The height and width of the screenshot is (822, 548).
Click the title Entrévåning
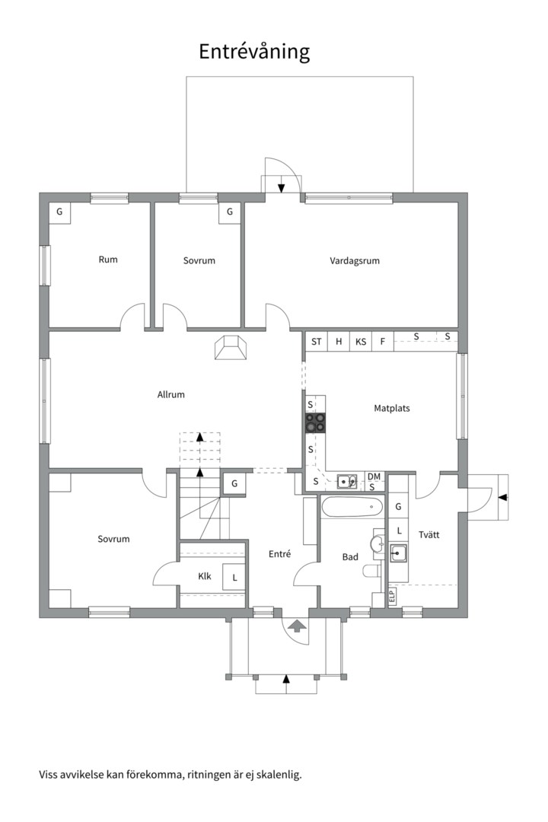tap(254, 52)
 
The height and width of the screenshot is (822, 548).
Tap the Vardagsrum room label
tap(355, 260)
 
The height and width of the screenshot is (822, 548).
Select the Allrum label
tap(171, 394)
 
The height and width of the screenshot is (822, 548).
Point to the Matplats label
tap(392, 408)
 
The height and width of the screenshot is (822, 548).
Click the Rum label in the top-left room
tap(108, 260)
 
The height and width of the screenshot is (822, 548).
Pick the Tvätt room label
tap(429, 535)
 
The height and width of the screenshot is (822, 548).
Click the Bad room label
tap(350, 556)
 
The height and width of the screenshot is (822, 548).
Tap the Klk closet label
tap(205, 576)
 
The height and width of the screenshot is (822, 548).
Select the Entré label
tap(279, 553)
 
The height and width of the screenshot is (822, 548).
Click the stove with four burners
tap(315, 422)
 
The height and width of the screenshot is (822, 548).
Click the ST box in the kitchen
tap(316, 342)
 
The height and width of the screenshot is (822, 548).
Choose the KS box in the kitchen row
tap(361, 342)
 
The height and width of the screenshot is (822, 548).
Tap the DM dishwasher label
tap(374, 476)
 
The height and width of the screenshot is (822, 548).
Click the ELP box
tap(392, 596)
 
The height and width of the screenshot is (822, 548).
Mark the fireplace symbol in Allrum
tap(230, 348)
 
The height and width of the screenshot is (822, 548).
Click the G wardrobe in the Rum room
tap(59, 213)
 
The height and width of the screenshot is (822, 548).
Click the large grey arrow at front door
tap(296, 626)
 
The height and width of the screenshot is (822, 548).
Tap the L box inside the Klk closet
tap(234, 578)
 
